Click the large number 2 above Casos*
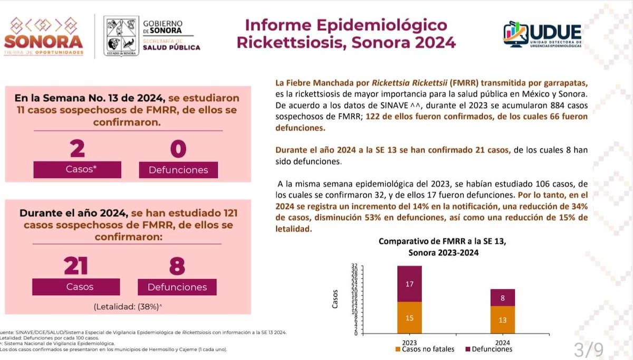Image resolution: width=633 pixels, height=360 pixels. tap(77, 149)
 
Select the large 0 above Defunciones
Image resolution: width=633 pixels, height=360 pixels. tap(178, 149)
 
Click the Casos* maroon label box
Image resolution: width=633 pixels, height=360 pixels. tap(77, 169)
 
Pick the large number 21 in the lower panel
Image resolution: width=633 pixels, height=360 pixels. tap(76, 266)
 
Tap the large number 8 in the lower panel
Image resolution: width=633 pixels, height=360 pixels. tap(177, 266)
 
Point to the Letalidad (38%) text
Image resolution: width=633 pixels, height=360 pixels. tap(127, 306)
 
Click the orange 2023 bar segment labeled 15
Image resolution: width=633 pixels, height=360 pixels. tap(409, 318)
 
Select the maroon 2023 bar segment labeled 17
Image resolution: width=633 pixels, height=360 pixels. tap(409, 284)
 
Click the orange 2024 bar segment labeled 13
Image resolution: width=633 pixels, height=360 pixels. tap(502, 320)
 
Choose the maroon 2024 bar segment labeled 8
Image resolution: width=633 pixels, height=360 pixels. tap(502, 298)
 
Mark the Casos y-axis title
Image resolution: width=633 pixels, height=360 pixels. tap(336, 299)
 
